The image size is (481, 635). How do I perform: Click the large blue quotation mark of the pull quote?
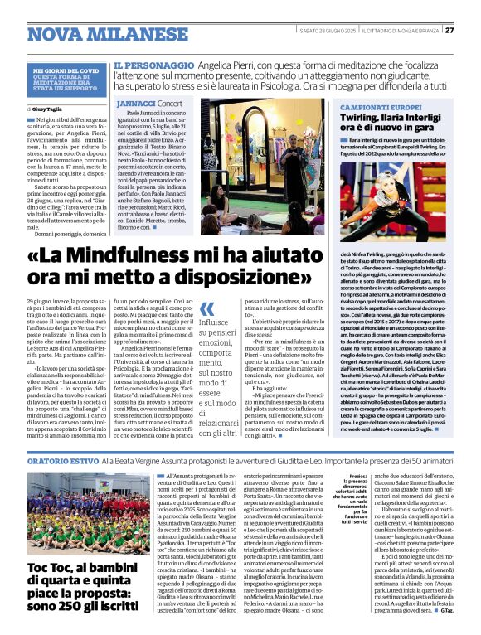pos(207,309)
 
